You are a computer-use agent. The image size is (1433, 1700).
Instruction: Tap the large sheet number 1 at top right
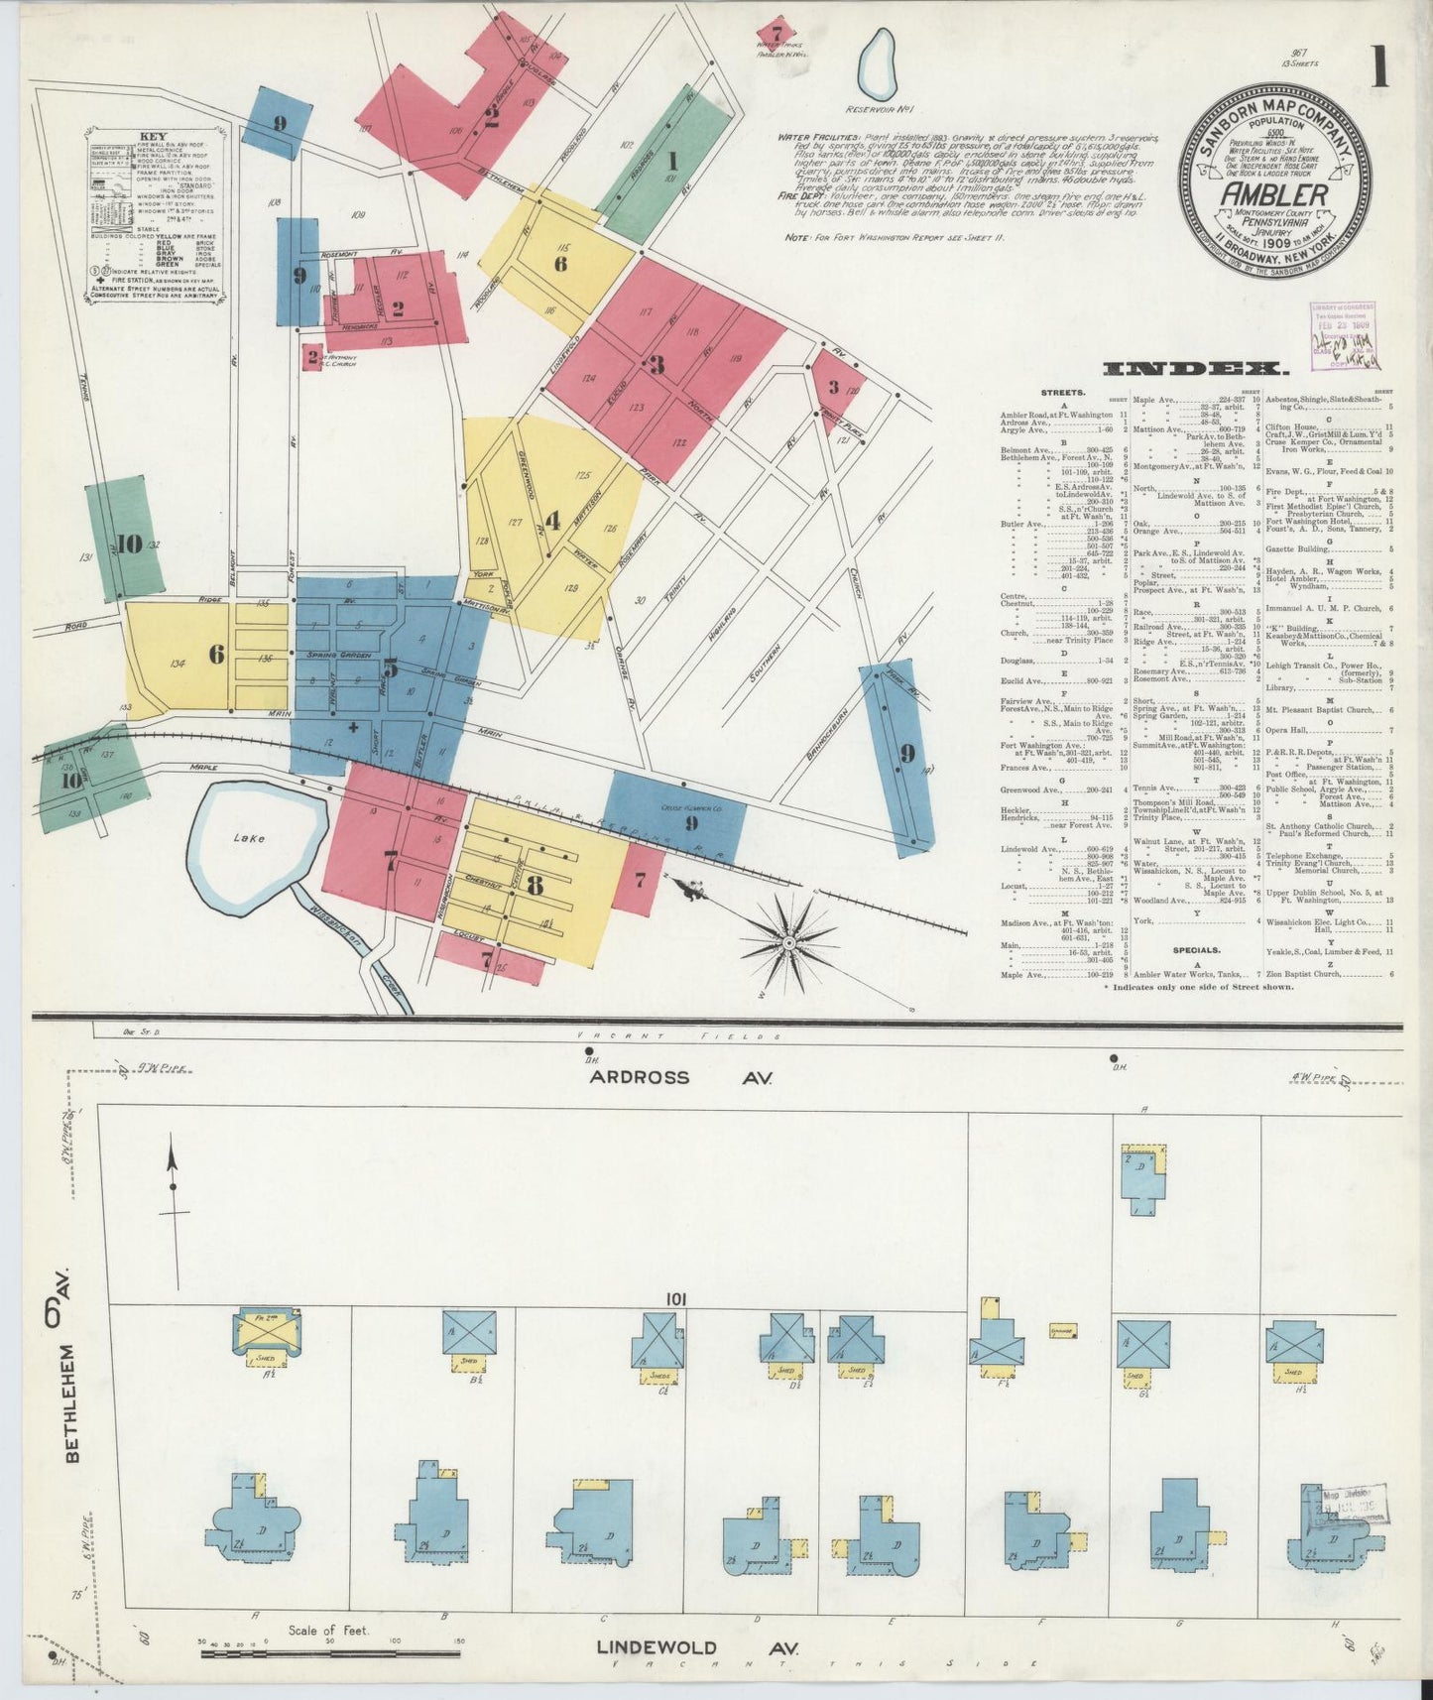1379,71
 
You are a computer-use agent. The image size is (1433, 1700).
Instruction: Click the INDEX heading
1195,369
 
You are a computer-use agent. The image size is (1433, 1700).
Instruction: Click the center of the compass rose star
787,938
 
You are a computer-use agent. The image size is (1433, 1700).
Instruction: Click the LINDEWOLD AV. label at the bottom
697,1646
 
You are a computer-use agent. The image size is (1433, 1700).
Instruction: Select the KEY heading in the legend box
154,138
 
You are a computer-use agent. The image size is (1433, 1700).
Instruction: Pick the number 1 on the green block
672,161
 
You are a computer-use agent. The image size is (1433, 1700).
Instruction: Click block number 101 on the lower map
677,1299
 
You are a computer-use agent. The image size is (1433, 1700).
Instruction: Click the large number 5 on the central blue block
391,668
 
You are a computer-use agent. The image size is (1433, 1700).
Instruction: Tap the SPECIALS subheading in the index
1195,949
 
